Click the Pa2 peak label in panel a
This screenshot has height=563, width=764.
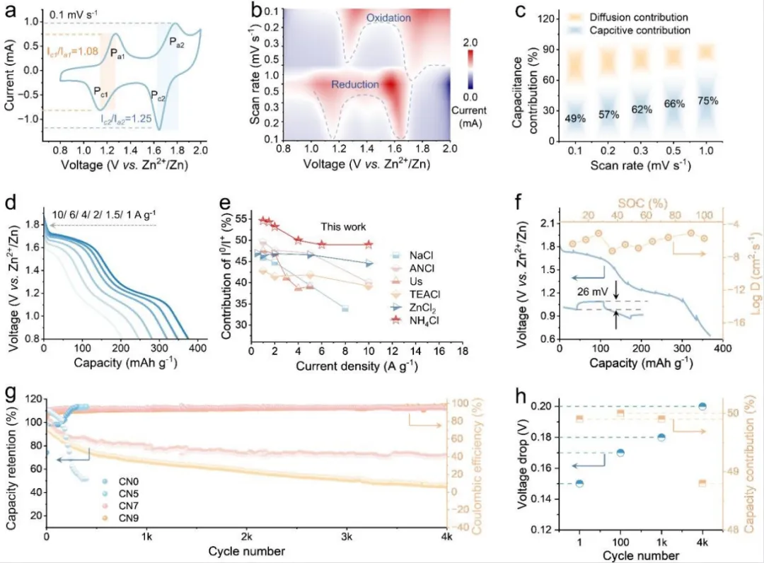(x=178, y=43)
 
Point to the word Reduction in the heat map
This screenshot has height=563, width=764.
(x=355, y=85)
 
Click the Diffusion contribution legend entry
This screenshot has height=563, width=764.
(x=651, y=16)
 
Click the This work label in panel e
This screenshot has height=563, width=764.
(x=344, y=227)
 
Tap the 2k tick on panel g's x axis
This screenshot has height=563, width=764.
(x=246, y=536)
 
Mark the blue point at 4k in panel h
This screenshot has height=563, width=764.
(x=702, y=406)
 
